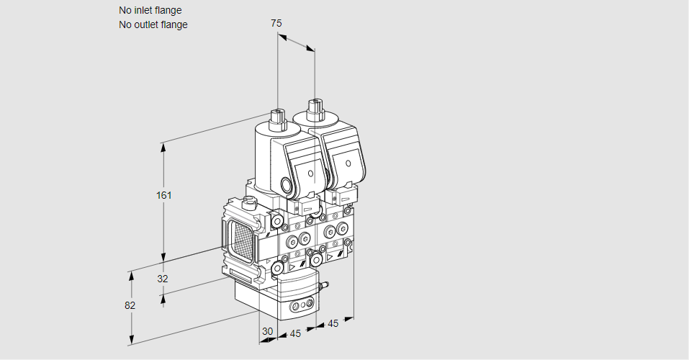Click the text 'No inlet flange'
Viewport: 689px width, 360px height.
[x=150, y=11]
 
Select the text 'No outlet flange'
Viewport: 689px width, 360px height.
[x=153, y=24]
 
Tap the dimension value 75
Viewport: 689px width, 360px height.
[x=276, y=23]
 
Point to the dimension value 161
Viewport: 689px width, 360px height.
[x=166, y=195]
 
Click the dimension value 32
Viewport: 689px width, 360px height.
[x=162, y=279]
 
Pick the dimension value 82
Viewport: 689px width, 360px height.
[x=130, y=305]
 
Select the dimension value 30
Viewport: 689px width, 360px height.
[x=268, y=332]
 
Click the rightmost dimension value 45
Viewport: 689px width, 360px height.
[x=333, y=323]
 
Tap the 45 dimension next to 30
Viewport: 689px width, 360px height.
[x=295, y=334]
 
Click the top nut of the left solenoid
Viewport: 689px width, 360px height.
[x=277, y=114]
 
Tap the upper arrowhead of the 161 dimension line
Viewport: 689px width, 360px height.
[x=163, y=146]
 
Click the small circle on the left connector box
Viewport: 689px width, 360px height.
[x=310, y=174]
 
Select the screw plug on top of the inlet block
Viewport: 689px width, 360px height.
[x=250, y=202]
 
